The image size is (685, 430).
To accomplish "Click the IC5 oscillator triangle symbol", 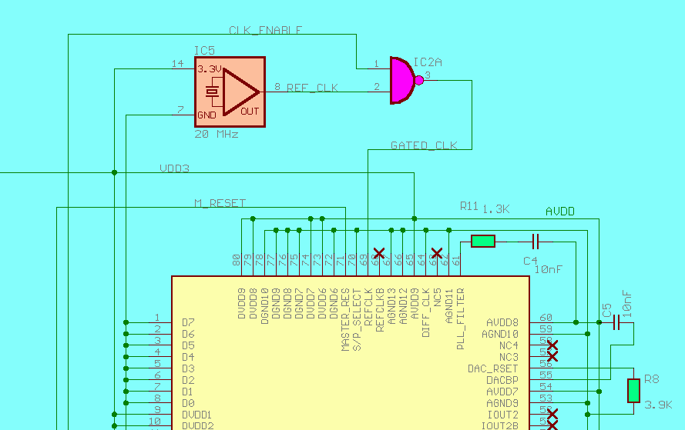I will point(240,91).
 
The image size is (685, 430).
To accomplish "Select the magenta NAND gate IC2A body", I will point(401,80).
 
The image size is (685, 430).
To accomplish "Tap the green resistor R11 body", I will point(483,242).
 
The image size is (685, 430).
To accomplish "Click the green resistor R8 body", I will point(633,390).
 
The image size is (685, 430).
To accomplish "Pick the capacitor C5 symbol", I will point(616,323).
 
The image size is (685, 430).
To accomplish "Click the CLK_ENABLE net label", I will point(265,30).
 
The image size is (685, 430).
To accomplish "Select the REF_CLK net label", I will point(312,88).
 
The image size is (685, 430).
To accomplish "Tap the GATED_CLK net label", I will point(424,145).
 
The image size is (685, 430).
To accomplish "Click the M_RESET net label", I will point(220,203).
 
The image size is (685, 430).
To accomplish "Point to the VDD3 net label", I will point(174,168).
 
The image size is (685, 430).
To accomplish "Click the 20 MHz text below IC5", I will point(217,134).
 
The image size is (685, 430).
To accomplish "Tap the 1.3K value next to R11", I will point(496,208).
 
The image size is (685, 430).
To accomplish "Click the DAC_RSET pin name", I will point(493,368).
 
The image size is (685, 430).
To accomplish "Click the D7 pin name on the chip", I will point(188,322).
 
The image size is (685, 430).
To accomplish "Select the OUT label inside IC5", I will point(250,111).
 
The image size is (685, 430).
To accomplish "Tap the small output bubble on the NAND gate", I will point(419,80).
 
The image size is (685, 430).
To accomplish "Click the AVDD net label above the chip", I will point(559,211).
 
